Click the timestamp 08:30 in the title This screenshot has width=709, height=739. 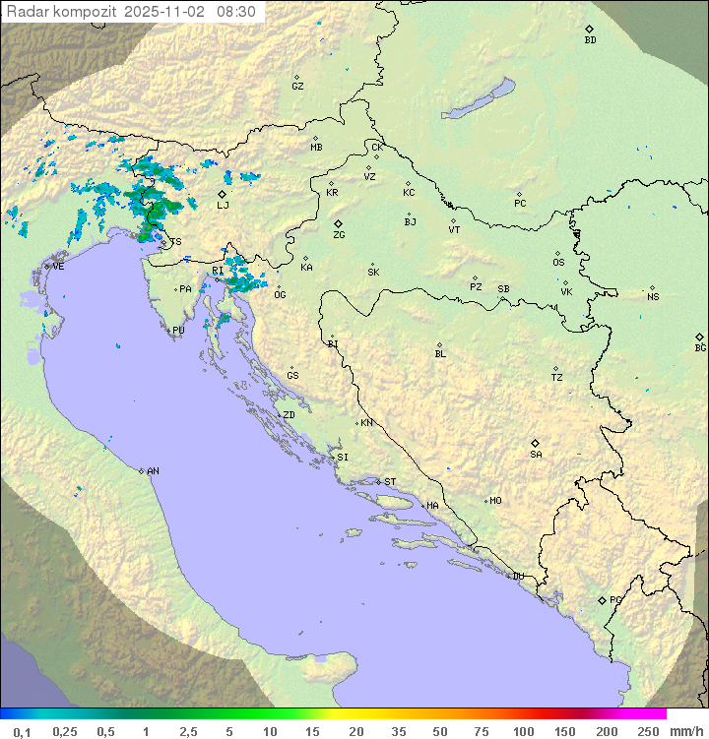(236, 12)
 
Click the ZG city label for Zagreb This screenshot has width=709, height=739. (339, 235)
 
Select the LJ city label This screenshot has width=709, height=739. (223, 205)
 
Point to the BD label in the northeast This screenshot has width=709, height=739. (590, 40)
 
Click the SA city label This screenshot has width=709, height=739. (536, 455)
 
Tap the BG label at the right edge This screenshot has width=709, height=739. (700, 347)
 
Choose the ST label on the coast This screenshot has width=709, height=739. (390, 482)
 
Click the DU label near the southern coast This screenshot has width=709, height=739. (517, 577)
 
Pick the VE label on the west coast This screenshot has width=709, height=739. (58, 267)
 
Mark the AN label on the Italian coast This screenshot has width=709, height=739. (153, 471)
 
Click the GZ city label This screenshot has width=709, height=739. (297, 87)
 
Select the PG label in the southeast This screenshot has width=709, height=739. (615, 599)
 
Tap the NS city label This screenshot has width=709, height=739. (653, 297)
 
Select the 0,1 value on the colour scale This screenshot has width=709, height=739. (22, 731)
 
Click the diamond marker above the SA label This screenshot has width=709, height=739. (536, 443)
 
